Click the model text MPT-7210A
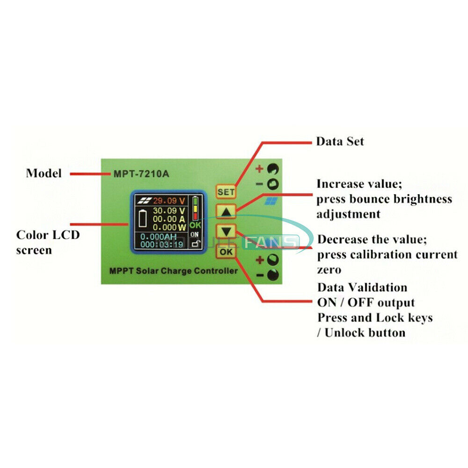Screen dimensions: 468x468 pyautogui.click(x=141, y=174)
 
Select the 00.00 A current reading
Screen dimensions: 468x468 pyautogui.click(x=169, y=219)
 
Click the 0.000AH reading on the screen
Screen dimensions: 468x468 pyautogui.click(x=161, y=237)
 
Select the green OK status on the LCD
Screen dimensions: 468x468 pyautogui.click(x=195, y=225)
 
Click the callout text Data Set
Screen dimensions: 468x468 pyautogui.click(x=340, y=141)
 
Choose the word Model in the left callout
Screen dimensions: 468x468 pyautogui.click(x=44, y=173)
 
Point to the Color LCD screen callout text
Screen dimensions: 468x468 pyautogui.click(x=48, y=242)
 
